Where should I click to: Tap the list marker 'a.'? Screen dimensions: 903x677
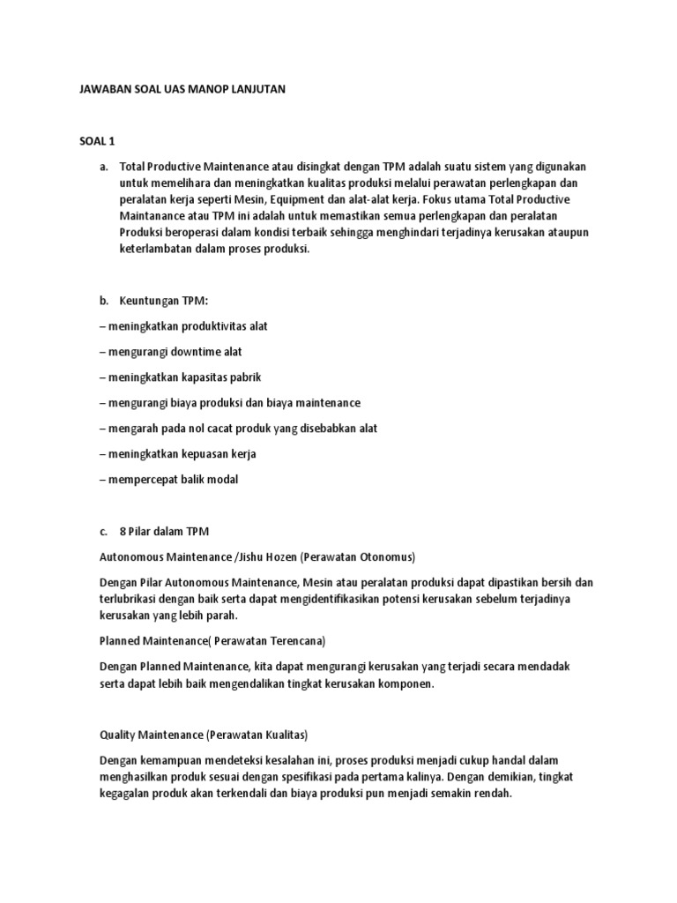coord(103,166)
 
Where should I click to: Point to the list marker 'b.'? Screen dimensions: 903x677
coord(103,301)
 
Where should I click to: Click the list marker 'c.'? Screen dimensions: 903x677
coord(103,532)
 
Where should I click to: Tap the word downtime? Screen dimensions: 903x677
coord(184,352)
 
